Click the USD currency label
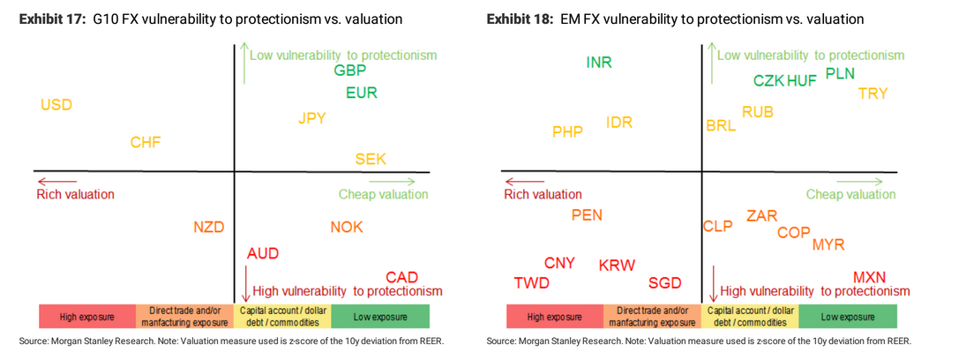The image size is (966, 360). coord(56,105)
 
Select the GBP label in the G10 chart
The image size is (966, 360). coord(350,71)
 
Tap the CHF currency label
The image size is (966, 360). coord(146,142)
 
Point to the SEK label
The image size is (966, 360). coord(371,159)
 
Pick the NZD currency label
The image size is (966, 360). coord(209,228)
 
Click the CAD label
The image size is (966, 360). coord(401,277)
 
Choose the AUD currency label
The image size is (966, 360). coord(263,253)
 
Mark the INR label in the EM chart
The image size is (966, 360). coord(599,62)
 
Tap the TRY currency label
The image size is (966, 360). coord(872,94)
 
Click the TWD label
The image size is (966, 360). coord(531,283)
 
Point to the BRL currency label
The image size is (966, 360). coord(721,126)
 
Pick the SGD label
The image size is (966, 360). coord(665,283)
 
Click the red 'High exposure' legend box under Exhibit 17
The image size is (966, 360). coord(86,317)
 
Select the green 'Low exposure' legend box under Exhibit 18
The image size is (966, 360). coord(847,317)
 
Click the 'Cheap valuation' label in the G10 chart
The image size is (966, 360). coord(383,194)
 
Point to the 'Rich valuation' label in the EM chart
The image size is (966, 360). coord(543,194)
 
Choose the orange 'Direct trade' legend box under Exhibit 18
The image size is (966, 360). coord(653,317)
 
